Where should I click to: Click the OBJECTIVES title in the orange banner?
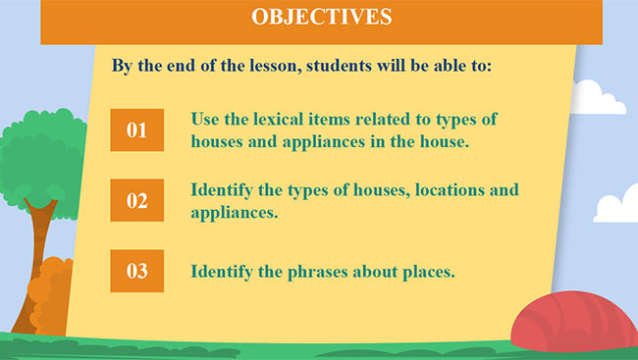(x=321, y=17)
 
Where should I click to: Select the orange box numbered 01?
(x=136, y=129)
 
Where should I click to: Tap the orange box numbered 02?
(x=136, y=201)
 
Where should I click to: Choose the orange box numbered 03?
(x=136, y=272)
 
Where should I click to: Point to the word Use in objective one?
(x=207, y=120)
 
